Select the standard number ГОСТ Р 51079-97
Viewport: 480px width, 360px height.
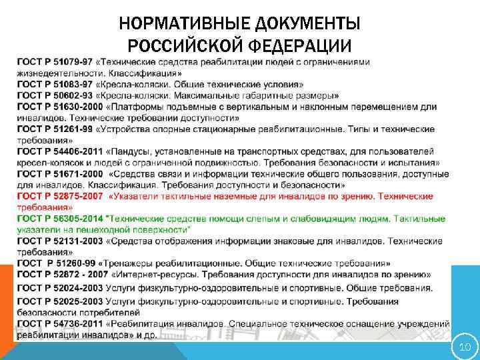[55, 62]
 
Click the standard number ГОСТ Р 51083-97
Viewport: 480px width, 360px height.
[55, 85]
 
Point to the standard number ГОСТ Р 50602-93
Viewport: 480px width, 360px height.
[55, 95]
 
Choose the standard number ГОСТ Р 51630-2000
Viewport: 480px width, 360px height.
[59, 107]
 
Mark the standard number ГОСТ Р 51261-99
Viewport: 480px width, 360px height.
[55, 129]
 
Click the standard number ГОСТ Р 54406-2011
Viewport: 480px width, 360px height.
[59, 151]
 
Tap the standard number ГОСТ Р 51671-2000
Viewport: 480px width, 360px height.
[59, 173]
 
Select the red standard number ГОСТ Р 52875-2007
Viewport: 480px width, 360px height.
[59, 196]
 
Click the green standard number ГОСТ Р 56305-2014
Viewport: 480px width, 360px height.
[59, 218]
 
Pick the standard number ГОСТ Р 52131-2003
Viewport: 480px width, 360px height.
[59, 241]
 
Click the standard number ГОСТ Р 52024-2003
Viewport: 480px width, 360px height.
[59, 288]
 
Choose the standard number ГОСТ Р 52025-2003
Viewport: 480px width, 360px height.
[59, 301]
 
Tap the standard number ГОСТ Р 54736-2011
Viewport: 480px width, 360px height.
[59, 323]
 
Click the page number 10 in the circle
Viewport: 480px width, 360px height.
[464, 347]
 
